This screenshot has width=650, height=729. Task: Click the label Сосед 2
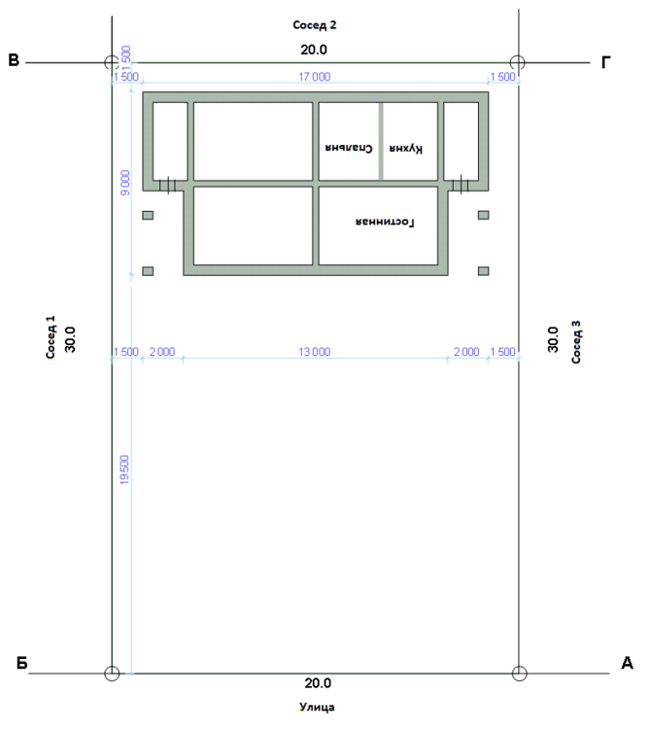[x=315, y=24]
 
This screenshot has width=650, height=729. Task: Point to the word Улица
[x=317, y=708]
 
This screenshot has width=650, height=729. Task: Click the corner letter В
[x=14, y=61]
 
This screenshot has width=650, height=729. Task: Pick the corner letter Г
[x=605, y=63]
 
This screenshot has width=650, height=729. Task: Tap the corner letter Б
[x=21, y=665]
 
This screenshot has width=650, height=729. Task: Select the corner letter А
[x=627, y=664]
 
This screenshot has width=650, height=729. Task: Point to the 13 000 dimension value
[x=315, y=352]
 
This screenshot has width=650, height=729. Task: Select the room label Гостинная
[x=386, y=223]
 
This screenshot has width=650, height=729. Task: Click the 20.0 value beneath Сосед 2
[x=315, y=47]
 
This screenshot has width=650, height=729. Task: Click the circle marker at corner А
[x=519, y=673]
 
